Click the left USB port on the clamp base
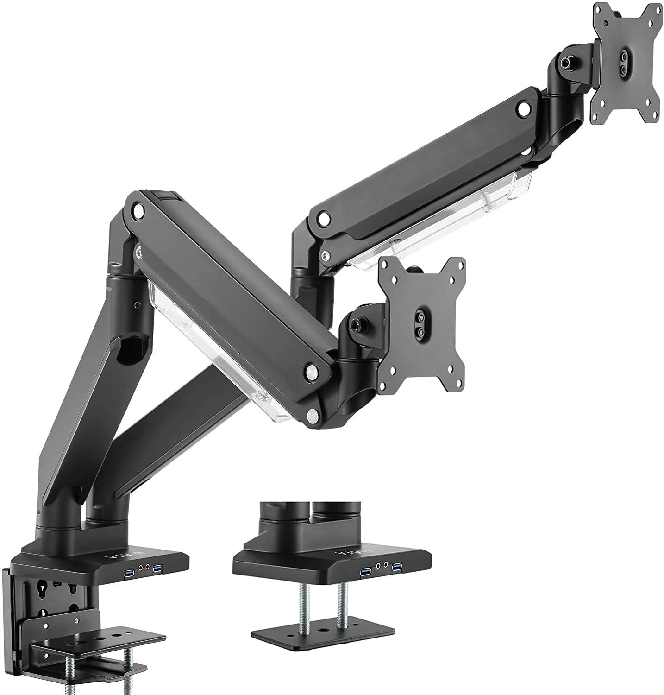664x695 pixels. (128, 575)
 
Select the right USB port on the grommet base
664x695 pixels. (397, 567)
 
